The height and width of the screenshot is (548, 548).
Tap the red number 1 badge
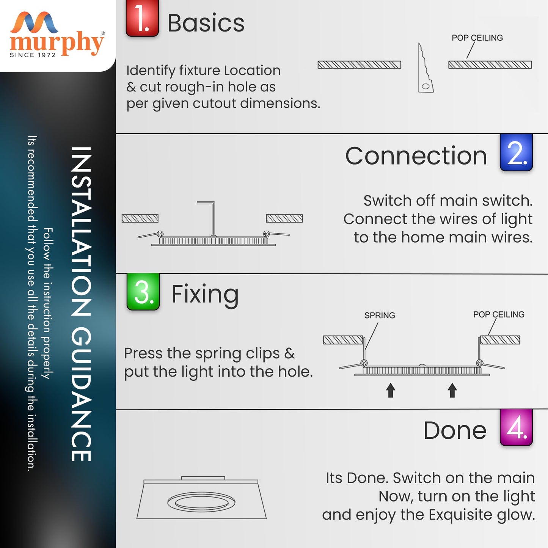[142, 18]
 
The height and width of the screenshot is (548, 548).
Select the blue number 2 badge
[516, 152]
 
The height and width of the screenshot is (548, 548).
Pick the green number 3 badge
[143, 292]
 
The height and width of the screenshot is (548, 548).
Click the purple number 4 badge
[516, 427]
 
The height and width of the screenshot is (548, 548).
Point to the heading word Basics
[206, 23]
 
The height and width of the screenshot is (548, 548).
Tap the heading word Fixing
[205, 296]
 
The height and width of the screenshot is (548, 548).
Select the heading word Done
[455, 430]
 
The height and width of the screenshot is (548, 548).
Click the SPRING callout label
[380, 316]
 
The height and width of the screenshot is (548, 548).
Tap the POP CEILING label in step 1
[477, 38]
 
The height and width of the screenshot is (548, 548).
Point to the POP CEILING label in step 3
[499, 314]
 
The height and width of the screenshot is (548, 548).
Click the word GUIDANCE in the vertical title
[81, 394]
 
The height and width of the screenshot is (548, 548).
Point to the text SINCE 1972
[33, 55]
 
